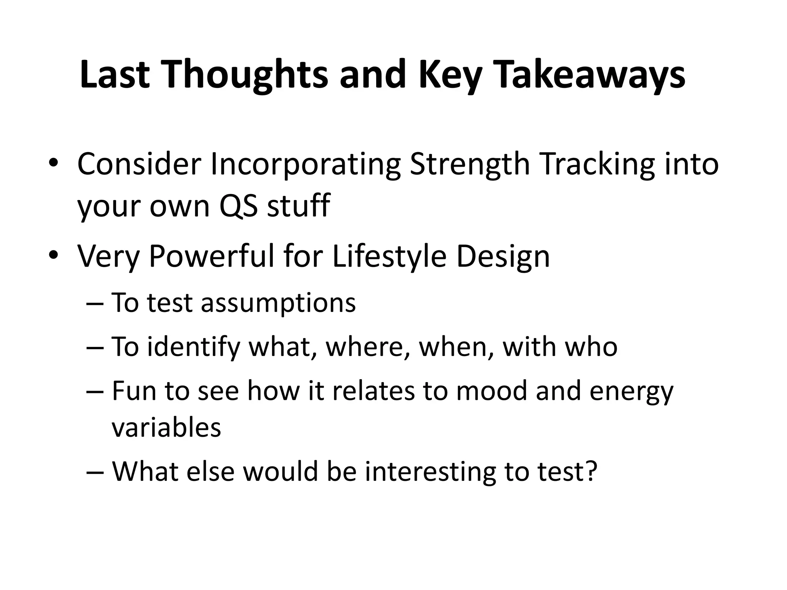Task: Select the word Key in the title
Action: point(449,75)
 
